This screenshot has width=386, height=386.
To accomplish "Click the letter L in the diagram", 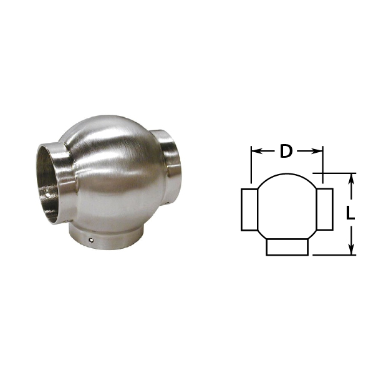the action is click(350, 213).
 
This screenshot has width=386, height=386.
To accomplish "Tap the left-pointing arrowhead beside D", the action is click(257, 151).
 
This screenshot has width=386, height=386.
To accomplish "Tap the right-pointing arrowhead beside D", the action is click(317, 152).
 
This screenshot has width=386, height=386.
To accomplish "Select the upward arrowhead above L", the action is click(352, 179).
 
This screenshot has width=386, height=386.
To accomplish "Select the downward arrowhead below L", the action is click(352, 249).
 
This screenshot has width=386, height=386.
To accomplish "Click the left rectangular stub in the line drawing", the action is click(249, 210).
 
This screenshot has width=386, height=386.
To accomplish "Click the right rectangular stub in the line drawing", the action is click(325, 210).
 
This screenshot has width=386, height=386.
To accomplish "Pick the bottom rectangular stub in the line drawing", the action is click(287, 247).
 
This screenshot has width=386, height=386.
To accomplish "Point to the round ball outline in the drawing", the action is click(287, 174).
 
